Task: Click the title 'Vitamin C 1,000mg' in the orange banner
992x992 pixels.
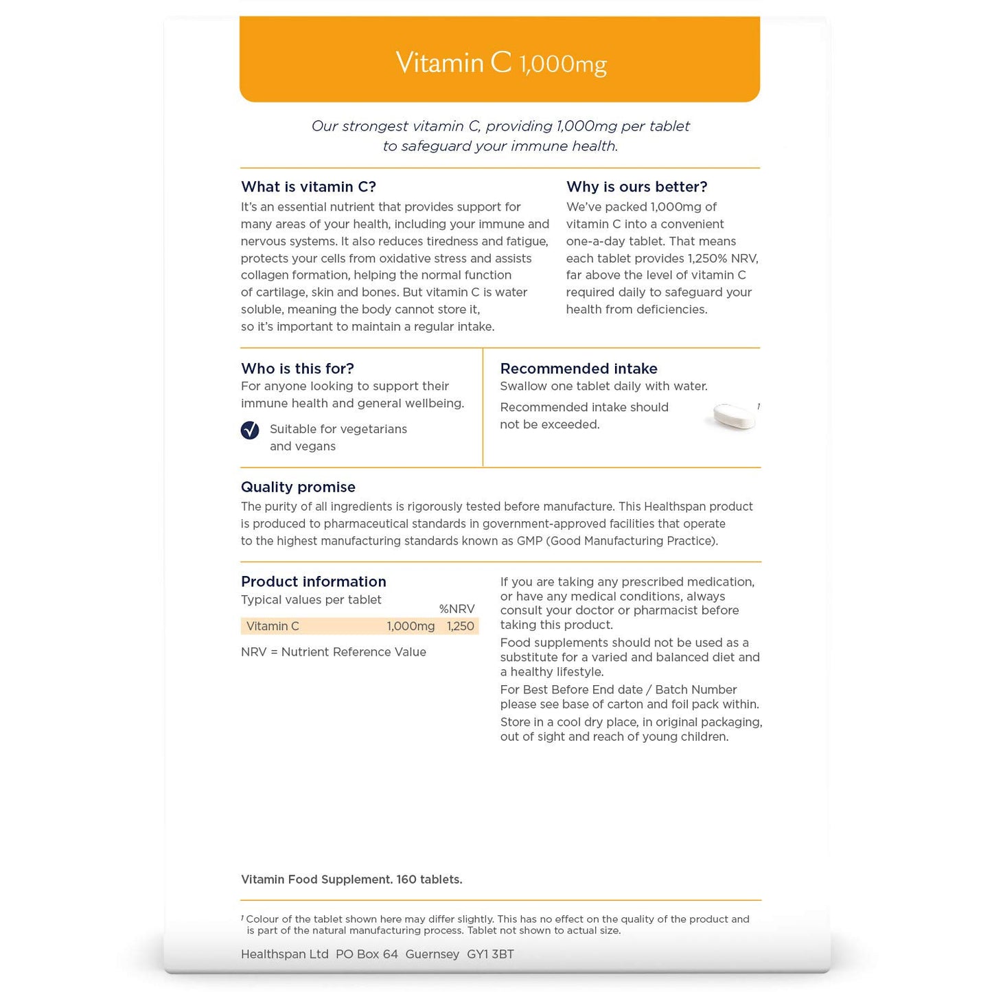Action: point(500,63)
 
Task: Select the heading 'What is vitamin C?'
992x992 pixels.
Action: point(308,187)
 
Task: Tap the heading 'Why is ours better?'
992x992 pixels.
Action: point(636,187)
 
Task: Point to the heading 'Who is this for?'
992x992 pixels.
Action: point(297,369)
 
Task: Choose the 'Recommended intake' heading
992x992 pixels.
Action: point(579,369)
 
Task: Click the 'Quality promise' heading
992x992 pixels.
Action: point(298,487)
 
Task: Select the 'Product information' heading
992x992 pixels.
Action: point(313,581)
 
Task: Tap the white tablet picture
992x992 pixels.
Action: point(733,416)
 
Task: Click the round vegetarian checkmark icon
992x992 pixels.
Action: point(250,430)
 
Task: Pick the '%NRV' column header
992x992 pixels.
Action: point(457,609)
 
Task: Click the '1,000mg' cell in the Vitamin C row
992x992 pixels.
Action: point(411,626)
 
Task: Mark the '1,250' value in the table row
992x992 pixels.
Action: point(460,626)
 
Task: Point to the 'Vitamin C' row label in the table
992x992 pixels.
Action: point(273,626)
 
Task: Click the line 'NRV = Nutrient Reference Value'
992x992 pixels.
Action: point(334,652)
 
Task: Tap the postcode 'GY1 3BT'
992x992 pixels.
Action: point(490,954)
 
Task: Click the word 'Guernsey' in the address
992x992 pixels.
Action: point(432,954)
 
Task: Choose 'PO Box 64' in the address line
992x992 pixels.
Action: point(367,954)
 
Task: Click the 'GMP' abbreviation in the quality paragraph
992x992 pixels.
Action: point(530,541)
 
